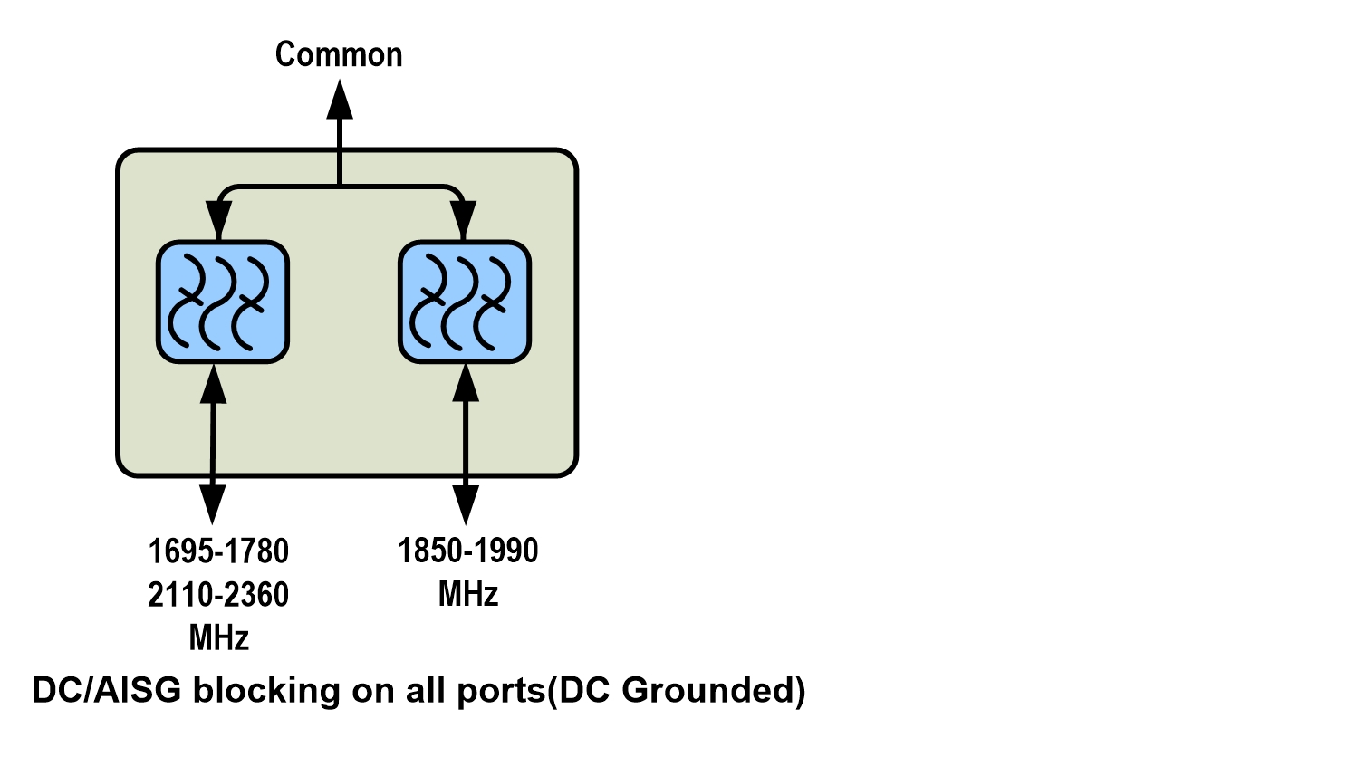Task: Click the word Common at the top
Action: [339, 54]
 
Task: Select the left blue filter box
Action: [222, 302]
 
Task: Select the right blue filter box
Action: [465, 302]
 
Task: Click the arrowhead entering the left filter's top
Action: [218, 221]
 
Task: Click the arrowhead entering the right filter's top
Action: [463, 221]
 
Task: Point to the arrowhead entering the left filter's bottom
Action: [214, 384]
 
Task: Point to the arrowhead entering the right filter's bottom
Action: [466, 384]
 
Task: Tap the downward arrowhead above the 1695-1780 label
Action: [213, 503]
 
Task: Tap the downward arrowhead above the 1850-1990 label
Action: [466, 503]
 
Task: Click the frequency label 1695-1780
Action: [218, 551]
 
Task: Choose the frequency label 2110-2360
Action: [218, 595]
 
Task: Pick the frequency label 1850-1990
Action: [468, 551]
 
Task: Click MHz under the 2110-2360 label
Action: [218, 638]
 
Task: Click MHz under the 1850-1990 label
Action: [468, 594]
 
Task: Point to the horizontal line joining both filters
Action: [340, 187]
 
